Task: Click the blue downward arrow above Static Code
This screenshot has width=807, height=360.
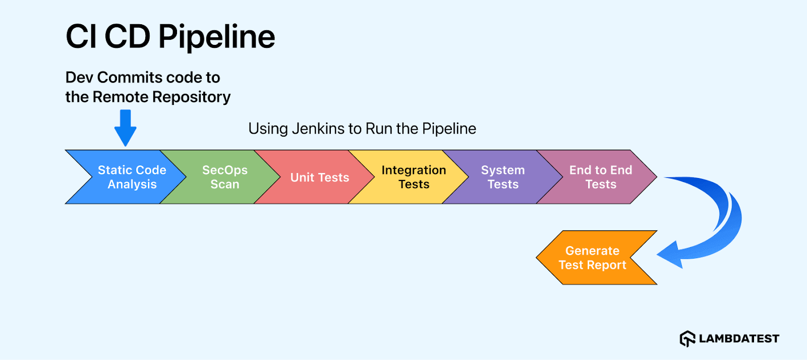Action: pos(125,128)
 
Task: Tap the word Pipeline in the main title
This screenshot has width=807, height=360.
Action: pos(216,37)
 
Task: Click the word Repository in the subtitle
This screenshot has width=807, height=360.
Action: pos(191,97)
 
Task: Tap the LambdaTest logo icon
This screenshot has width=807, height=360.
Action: pos(687,338)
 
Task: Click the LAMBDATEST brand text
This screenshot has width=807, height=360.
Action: pos(739,339)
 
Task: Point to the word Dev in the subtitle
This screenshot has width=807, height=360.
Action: pos(79,78)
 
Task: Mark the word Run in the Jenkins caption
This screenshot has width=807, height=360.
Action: pos(379,129)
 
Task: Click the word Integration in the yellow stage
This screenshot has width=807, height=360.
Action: pos(414,170)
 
